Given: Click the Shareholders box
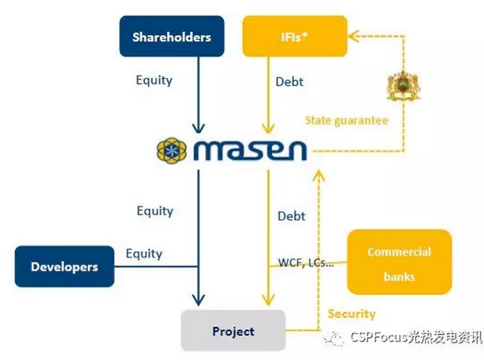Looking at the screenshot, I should [171, 36].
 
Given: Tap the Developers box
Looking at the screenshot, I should [64, 267].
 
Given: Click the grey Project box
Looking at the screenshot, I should [233, 331].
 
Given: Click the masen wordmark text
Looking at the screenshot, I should [250, 150].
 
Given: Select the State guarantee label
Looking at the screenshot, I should [346, 120].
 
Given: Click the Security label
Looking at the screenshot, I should [351, 314].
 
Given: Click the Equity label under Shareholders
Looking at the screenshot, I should [154, 80].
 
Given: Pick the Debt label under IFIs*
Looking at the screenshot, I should [289, 81].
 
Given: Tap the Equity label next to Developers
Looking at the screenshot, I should [144, 253].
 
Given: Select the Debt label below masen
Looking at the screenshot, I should [291, 216].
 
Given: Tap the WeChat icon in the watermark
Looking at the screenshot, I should [336, 338].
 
